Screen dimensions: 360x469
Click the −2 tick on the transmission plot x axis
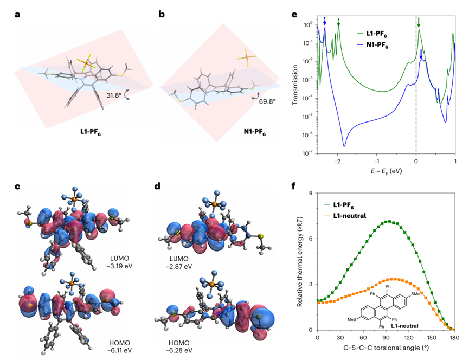point(337,161)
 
